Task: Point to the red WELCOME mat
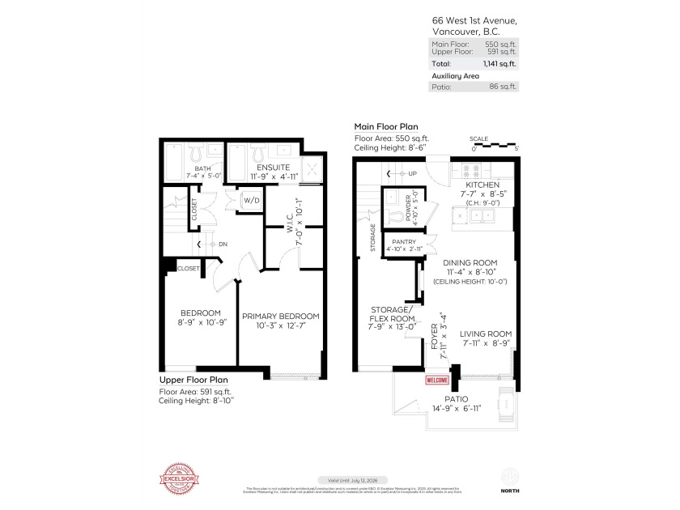click(437, 380)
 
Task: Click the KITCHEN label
click(483, 185)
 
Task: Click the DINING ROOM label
click(469, 263)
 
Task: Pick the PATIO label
click(457, 399)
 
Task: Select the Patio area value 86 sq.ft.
click(503, 86)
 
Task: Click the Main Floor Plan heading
click(386, 127)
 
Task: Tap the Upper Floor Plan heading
click(193, 380)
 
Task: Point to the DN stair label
click(219, 244)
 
